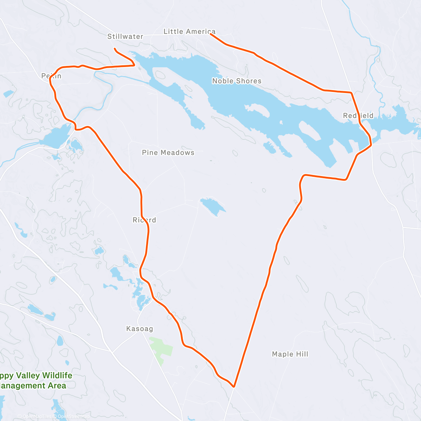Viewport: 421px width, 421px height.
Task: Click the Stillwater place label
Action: (125, 36)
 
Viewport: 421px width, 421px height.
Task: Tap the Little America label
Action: (189, 32)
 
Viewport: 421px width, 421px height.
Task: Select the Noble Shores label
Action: (237, 81)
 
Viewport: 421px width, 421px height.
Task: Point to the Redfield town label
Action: (358, 116)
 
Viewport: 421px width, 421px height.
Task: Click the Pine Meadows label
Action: (168, 153)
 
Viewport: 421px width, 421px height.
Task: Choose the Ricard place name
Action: (144, 220)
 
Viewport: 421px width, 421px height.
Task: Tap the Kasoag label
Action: (140, 329)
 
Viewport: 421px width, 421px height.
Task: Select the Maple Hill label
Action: (290, 354)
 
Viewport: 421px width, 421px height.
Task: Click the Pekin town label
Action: (51, 76)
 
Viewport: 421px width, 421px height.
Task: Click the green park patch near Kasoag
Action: (161, 349)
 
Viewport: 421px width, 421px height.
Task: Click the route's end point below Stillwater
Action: (115, 48)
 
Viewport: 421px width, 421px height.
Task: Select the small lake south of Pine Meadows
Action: (213, 206)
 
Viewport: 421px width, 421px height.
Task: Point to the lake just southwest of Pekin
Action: (56, 135)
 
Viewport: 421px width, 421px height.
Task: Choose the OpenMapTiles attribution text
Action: (35, 417)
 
